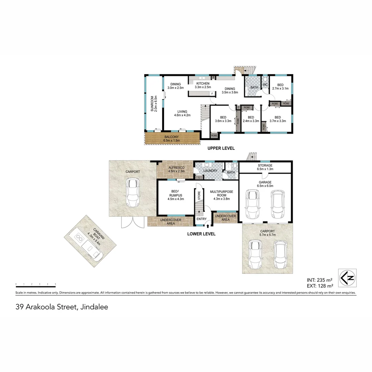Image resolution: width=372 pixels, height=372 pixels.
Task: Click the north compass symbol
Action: (x=347, y=278)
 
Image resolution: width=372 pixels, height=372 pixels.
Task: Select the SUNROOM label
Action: (x=154, y=103)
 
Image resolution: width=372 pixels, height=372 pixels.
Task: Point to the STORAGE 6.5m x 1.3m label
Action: (x=265, y=167)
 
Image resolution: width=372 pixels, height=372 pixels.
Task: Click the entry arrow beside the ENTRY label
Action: (x=208, y=226)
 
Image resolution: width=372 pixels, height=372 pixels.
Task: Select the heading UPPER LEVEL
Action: (x=221, y=148)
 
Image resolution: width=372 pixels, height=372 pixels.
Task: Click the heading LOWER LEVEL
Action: (x=201, y=234)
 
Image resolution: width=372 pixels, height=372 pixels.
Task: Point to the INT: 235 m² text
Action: (x=320, y=280)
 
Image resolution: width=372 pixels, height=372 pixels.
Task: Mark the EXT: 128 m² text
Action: (x=320, y=286)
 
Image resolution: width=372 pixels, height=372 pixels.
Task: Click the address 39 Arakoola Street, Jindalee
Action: (x=62, y=307)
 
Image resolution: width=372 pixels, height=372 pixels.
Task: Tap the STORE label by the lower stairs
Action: (x=199, y=195)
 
